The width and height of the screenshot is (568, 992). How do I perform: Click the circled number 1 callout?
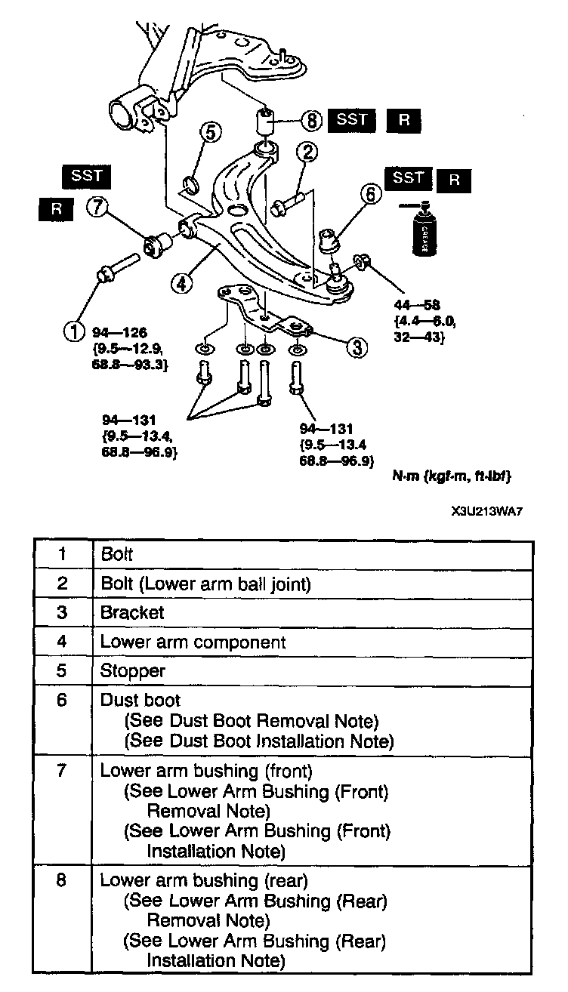pyautogui.click(x=75, y=331)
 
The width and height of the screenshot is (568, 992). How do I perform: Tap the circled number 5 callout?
pyautogui.click(x=211, y=132)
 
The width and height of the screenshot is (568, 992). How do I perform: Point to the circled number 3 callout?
pyautogui.click(x=356, y=347)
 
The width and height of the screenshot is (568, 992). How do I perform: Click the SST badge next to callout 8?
pyautogui.click(x=350, y=120)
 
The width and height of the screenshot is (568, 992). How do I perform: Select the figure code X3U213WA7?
pyautogui.click(x=486, y=510)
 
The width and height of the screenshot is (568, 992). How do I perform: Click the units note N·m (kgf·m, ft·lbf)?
pyautogui.click(x=451, y=476)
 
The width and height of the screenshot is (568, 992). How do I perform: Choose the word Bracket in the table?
pyautogui.click(x=132, y=612)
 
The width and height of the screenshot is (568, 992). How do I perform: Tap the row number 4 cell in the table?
pyautogui.click(x=62, y=642)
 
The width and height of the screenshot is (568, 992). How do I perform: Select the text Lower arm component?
pyautogui.click(x=193, y=642)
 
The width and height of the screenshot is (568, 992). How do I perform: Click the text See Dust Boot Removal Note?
pyautogui.click(x=252, y=720)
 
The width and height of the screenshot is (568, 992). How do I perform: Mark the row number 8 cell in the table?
pyautogui.click(x=62, y=880)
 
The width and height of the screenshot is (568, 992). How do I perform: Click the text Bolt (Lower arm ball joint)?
pyautogui.click(x=206, y=583)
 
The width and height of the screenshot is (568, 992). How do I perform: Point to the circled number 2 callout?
pyautogui.click(x=305, y=152)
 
